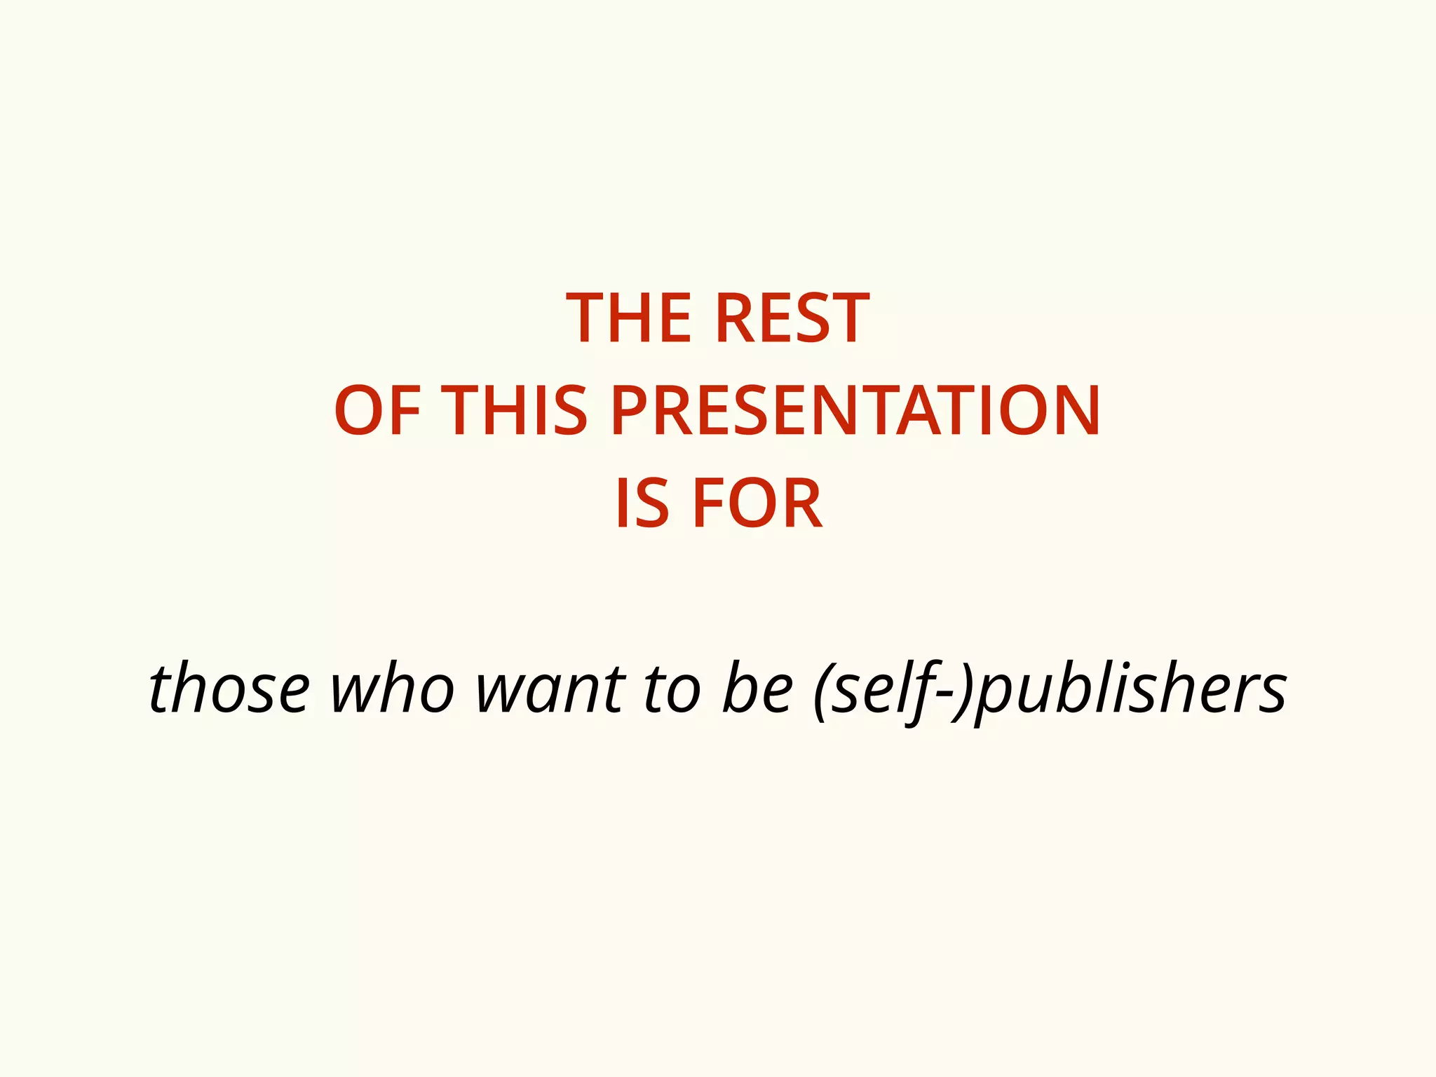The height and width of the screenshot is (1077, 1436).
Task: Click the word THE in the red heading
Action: click(630, 319)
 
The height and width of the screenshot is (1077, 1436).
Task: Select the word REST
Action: click(792, 319)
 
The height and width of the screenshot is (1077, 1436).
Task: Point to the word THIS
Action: click(516, 412)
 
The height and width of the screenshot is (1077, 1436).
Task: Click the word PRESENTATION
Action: click(855, 412)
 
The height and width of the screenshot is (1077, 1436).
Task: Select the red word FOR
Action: click(757, 504)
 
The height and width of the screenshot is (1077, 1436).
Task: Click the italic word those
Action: click(229, 689)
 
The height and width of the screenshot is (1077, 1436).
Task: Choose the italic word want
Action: click(550, 689)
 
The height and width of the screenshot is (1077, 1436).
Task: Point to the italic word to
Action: click(672, 689)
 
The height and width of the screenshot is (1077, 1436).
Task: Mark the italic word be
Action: click(757, 689)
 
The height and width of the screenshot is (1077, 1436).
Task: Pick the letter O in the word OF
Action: click(359, 412)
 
